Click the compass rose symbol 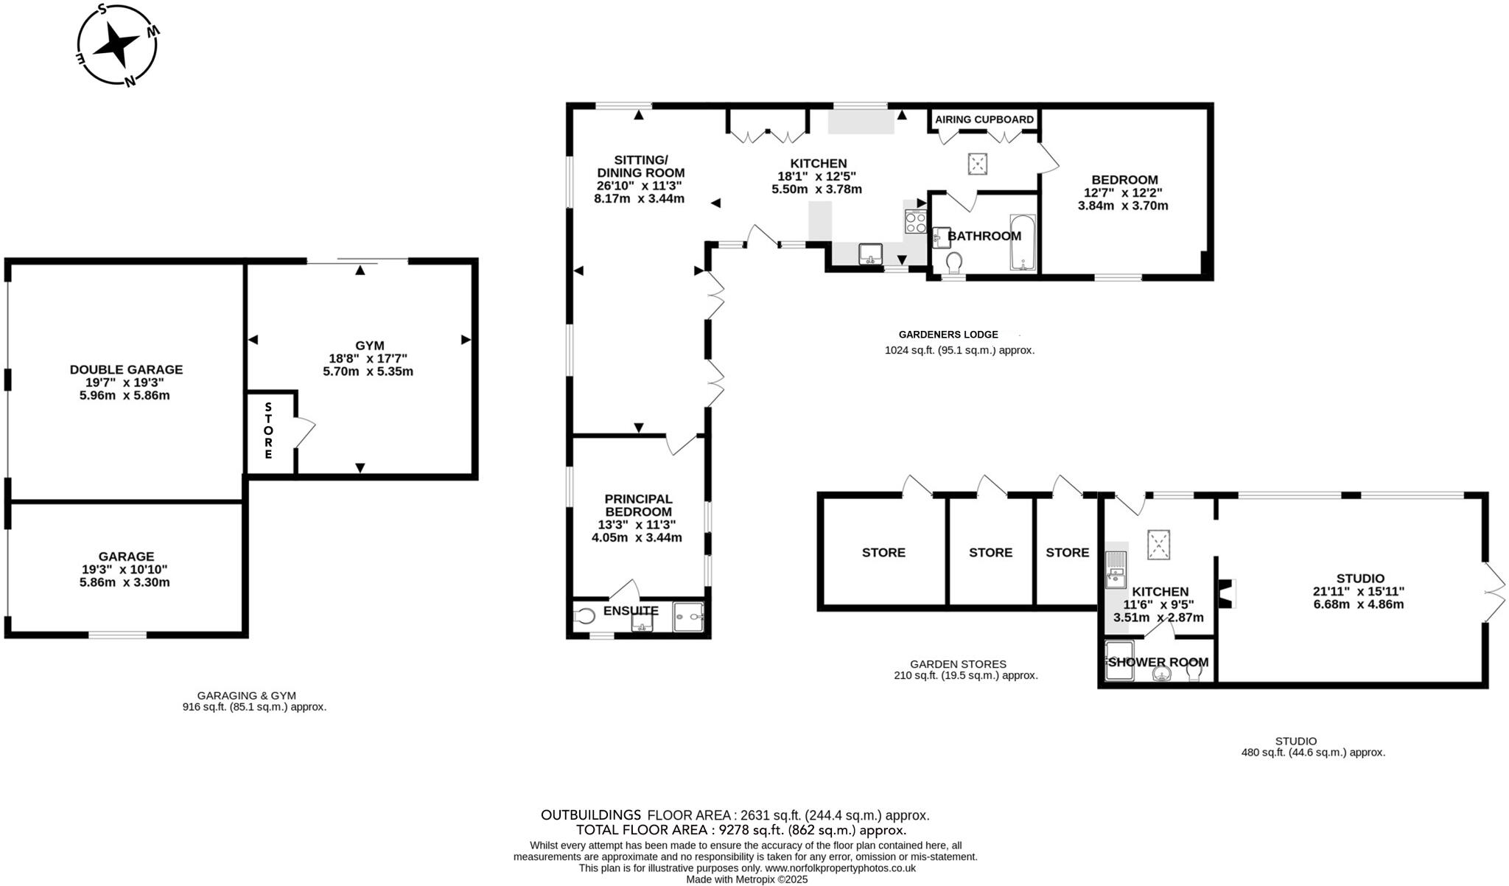click(117, 45)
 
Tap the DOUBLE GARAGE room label click(126, 369)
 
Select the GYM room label click(369, 345)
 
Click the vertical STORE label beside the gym click(268, 431)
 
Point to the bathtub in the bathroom click(1023, 243)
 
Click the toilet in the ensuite click(585, 615)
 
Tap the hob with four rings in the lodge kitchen click(916, 222)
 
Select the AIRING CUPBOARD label click(984, 119)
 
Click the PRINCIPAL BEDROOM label click(638, 505)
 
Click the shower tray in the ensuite click(688, 617)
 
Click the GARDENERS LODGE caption click(948, 335)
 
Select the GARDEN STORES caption click(958, 664)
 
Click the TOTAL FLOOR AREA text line click(741, 830)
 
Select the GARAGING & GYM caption click(246, 695)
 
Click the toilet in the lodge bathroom click(955, 262)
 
